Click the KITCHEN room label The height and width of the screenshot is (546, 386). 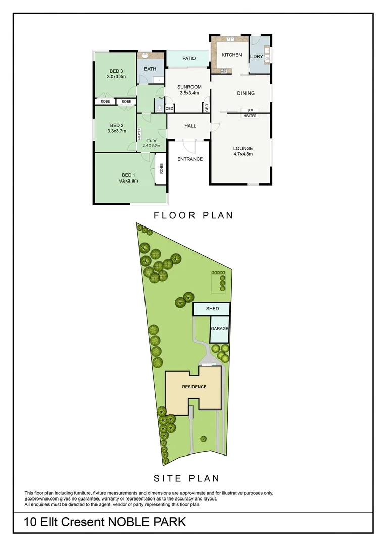[231, 55]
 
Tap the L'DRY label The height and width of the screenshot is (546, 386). [256, 56]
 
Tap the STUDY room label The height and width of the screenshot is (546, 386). [151, 141]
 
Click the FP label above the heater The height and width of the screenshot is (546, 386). [250, 111]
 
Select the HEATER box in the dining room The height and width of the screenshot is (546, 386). [250, 116]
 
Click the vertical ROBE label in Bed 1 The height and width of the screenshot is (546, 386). [162, 169]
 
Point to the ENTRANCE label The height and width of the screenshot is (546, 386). [190, 159]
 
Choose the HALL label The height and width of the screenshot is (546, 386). [190, 126]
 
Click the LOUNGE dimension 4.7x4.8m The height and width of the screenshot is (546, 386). [243, 154]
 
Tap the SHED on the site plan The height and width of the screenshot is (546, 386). [212, 308]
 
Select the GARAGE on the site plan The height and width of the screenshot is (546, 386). [220, 329]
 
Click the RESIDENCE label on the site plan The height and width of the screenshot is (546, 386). [194, 387]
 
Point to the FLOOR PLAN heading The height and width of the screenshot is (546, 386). [194, 215]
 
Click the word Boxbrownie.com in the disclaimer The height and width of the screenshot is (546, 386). [40, 498]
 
